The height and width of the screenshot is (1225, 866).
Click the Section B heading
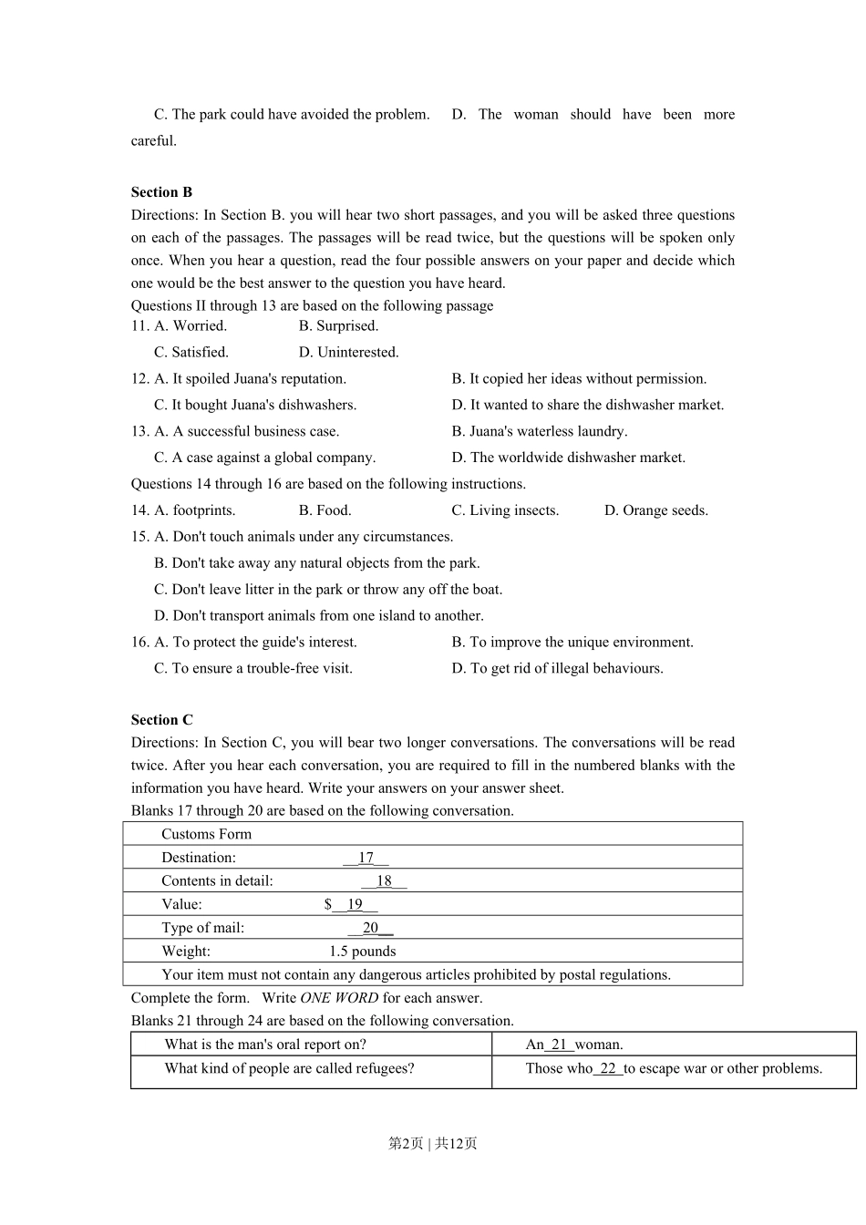tap(161, 192)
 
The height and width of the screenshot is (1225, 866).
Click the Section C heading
tap(161, 720)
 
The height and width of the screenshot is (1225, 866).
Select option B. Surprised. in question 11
tap(338, 326)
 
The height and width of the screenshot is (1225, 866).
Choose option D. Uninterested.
tap(348, 353)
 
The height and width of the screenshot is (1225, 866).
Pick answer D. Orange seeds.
tap(655, 510)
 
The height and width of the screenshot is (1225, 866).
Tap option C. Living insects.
tap(505, 510)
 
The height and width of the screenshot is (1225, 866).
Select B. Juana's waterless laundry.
tap(539, 431)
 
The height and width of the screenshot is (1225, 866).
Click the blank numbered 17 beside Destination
tap(366, 858)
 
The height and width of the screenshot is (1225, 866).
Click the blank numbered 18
tap(384, 881)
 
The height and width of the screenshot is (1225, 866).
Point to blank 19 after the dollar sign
tap(355, 904)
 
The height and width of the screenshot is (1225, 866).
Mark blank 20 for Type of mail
tap(370, 928)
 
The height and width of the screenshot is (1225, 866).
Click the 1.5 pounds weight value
tap(362, 952)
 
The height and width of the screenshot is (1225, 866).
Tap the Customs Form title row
tap(206, 834)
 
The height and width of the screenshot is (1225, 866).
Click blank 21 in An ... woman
tap(559, 1045)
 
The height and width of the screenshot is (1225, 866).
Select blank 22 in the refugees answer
tap(608, 1068)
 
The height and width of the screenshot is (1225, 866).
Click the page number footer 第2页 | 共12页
tap(433, 1143)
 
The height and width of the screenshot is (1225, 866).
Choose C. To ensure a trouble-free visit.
tap(253, 668)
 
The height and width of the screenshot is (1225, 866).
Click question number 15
tap(139, 537)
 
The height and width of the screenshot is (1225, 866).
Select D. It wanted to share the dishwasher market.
tap(587, 405)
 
